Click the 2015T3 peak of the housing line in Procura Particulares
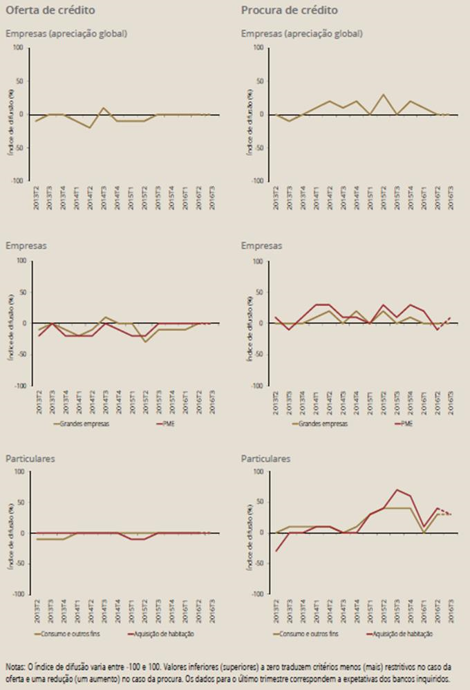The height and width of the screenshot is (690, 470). coord(397,489)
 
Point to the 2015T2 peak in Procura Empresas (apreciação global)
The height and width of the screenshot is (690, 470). coord(383,95)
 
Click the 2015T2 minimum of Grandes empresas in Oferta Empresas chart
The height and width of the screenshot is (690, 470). coord(145,342)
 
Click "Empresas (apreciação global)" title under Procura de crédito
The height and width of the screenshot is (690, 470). coord(301,33)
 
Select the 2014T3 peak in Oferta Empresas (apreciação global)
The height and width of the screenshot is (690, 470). coord(103,108)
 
